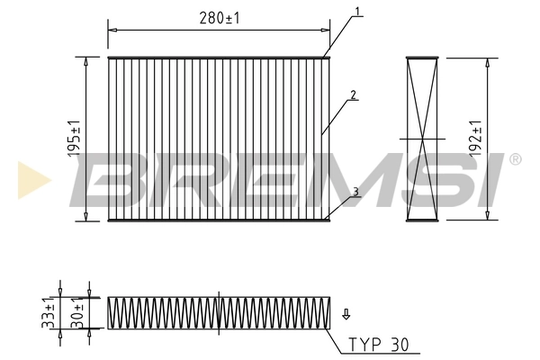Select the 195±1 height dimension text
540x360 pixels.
click(74, 139)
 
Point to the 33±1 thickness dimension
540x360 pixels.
click(50, 311)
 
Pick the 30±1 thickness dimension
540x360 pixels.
click(79, 311)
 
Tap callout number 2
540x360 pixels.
click(355, 94)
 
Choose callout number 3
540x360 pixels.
click(356, 191)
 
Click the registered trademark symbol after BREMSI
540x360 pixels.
click(515, 160)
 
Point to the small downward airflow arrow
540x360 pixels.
click(346, 315)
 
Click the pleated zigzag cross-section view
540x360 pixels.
click(219, 311)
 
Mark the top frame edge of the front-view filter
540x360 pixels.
click(219, 58)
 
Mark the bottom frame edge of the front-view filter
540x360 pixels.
click(219, 220)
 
